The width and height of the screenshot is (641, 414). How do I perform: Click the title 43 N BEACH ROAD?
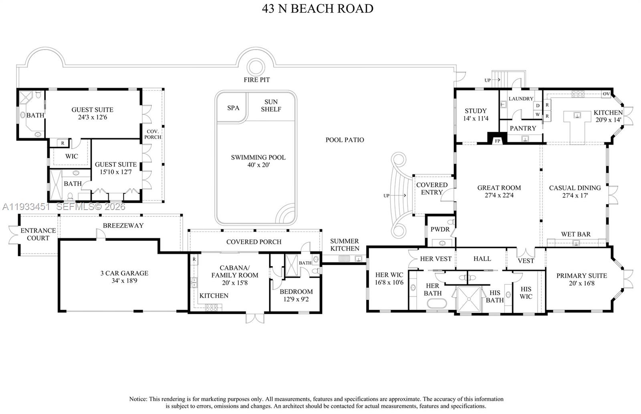[318, 8]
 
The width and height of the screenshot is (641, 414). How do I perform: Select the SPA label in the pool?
[233, 108]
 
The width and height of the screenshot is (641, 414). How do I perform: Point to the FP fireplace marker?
[497, 141]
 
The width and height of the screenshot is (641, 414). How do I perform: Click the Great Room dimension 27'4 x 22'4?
[499, 196]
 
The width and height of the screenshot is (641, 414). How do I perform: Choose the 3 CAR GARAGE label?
[124, 273]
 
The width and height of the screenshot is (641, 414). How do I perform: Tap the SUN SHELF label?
[271, 106]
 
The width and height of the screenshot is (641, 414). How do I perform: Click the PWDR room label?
[440, 229]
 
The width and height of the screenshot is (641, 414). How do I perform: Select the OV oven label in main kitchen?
[607, 94]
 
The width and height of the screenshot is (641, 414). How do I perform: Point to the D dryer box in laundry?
[538, 106]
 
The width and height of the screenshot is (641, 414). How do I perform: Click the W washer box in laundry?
[538, 114]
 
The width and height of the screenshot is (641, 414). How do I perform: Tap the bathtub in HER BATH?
[437, 303]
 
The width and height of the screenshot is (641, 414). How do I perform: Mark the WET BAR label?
[576, 234]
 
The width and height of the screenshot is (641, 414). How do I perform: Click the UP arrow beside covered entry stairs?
[397, 196]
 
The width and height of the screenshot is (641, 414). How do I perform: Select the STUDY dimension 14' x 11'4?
[476, 118]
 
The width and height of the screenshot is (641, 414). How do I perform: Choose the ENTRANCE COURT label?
[38, 234]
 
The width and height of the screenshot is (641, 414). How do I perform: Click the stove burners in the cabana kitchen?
[212, 308]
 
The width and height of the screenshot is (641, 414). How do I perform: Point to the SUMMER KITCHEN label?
[345, 245]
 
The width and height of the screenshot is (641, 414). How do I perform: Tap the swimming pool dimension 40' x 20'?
[258, 165]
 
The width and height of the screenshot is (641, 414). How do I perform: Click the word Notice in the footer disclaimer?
[138, 399]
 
